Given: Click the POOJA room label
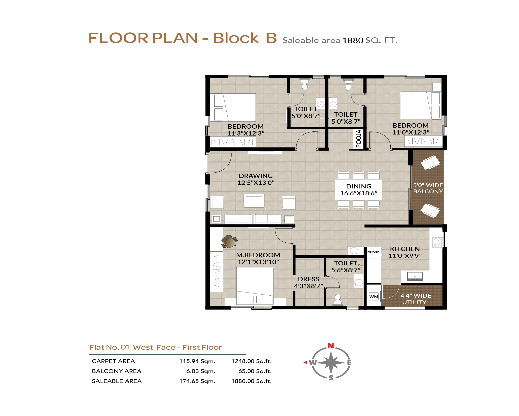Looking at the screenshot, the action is (x=359, y=139).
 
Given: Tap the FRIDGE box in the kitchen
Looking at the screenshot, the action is (x=373, y=252).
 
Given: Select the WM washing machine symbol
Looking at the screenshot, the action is (x=374, y=297).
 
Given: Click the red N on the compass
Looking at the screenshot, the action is (x=331, y=346).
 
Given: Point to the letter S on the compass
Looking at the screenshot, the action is (x=331, y=378).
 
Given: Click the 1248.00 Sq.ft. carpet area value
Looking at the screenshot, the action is (x=251, y=361).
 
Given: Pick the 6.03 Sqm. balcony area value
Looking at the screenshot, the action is (x=201, y=371).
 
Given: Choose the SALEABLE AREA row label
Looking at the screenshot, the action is (x=117, y=381).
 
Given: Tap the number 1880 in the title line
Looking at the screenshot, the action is (x=353, y=40).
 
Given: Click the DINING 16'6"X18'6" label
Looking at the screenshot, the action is (x=359, y=190).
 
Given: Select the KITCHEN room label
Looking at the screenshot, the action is (x=405, y=249).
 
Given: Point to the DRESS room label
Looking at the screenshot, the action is (x=308, y=279).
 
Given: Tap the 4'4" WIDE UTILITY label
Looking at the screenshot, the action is (x=416, y=299).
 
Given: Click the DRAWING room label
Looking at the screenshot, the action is (x=256, y=176).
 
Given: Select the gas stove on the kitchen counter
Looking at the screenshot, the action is (x=437, y=242).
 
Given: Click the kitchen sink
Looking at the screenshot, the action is (x=415, y=276).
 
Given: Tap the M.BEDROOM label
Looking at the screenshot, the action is (x=258, y=255).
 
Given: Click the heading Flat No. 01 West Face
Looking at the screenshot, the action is (x=132, y=347).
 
